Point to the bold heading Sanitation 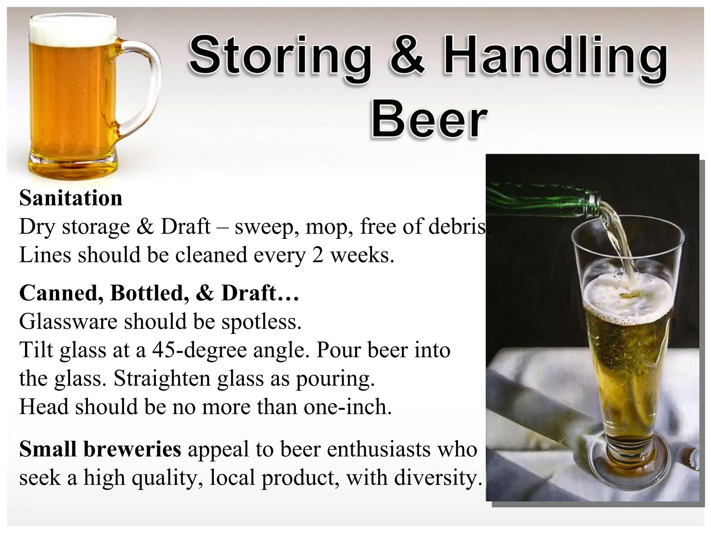click(x=71, y=198)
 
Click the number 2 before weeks click(x=317, y=255)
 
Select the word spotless click(x=261, y=322)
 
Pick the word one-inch click(x=347, y=407)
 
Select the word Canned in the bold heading click(x=61, y=293)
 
